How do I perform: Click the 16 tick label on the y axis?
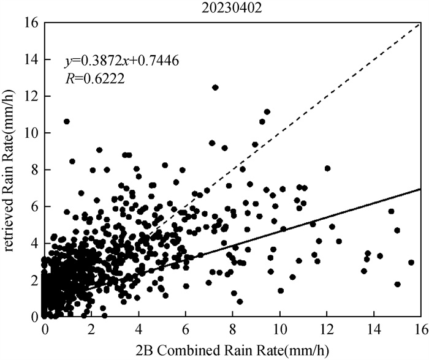point(29,23)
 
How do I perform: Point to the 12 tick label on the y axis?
point(29,96)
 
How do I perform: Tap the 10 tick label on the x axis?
point(279,329)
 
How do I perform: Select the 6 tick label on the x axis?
point(186,329)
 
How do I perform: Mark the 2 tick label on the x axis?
point(92,329)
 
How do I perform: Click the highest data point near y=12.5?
point(215,88)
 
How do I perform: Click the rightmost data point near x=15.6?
point(411,262)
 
